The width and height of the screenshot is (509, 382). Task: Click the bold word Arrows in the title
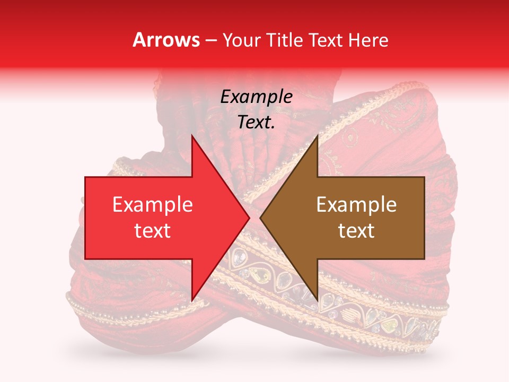(x=166, y=40)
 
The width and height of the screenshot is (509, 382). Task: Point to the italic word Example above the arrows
(x=256, y=97)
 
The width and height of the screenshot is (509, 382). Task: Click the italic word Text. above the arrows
(x=256, y=122)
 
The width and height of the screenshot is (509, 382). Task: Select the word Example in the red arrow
(x=152, y=205)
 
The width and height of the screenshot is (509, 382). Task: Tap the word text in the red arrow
(x=152, y=231)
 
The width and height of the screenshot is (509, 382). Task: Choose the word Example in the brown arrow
(x=356, y=205)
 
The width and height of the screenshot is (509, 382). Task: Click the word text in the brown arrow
(x=356, y=231)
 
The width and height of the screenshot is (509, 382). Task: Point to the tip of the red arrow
(x=249, y=218)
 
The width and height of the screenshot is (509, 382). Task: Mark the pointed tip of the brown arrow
(x=260, y=218)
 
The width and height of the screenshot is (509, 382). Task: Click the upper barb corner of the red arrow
(x=192, y=135)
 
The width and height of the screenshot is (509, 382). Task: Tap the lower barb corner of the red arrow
(x=192, y=301)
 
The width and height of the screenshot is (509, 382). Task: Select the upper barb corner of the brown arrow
(x=318, y=135)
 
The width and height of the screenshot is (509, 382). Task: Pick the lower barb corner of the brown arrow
(x=318, y=301)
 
